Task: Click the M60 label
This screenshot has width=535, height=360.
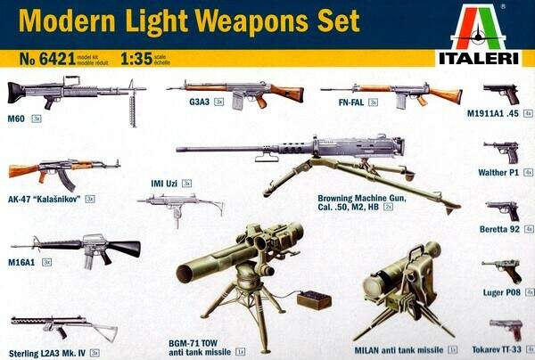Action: tap(18, 117)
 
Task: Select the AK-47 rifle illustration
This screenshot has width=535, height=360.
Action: tap(62, 169)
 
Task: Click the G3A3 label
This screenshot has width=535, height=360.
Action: tap(176, 102)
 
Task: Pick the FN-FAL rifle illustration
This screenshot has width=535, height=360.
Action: tap(392, 91)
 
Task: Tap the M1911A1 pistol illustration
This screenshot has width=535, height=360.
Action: tap(500, 93)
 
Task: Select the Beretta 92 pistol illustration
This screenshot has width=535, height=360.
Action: tap(502, 210)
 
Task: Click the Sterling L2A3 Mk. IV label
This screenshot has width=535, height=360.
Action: tap(45, 352)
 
